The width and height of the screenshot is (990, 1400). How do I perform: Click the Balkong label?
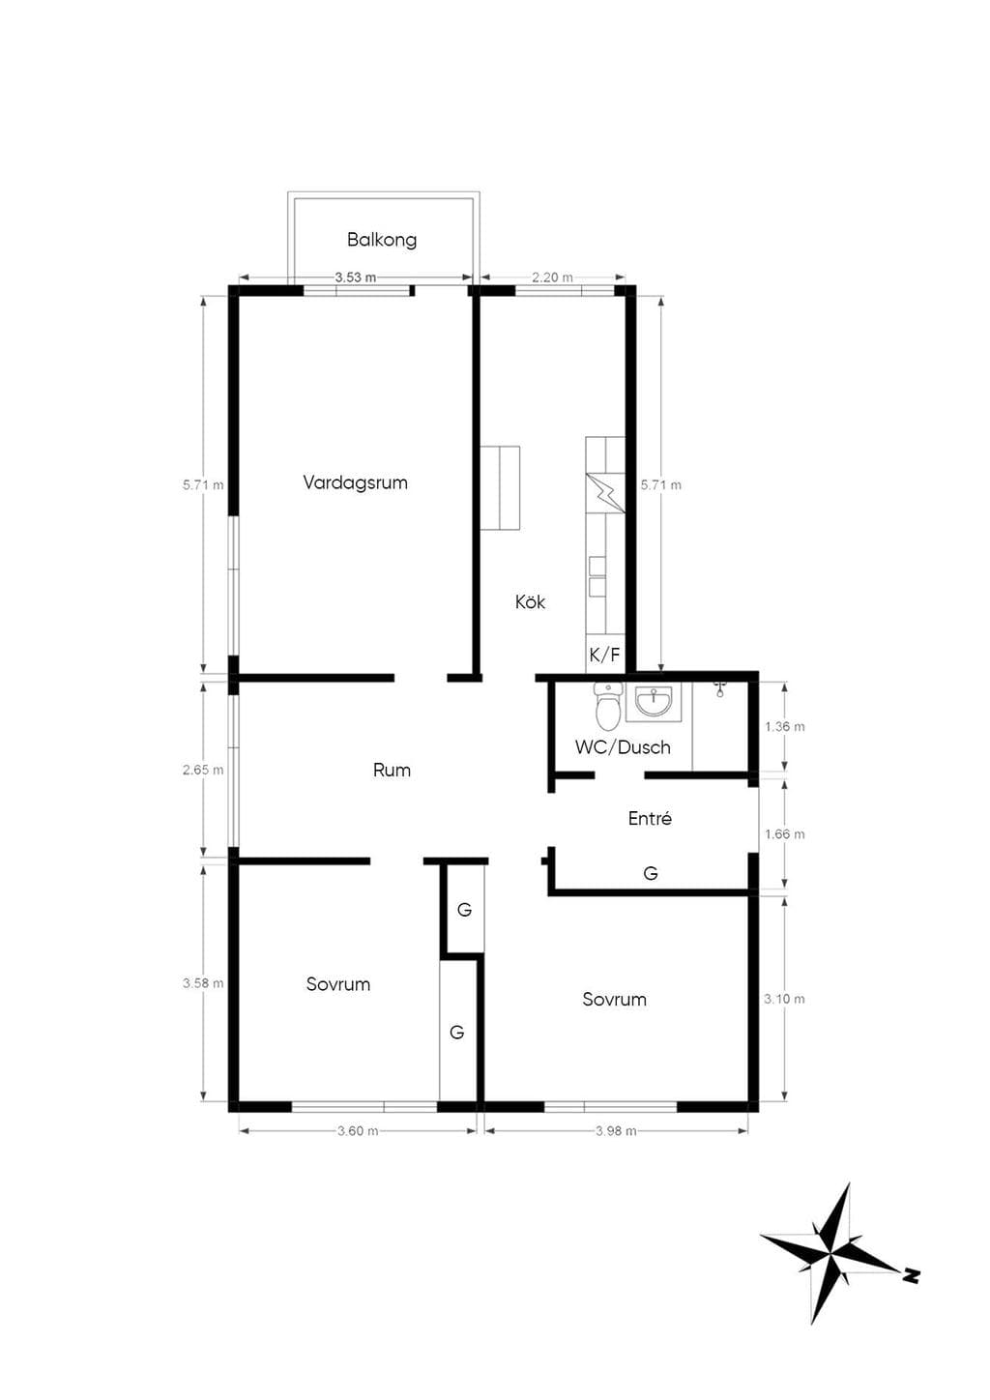pos(382,240)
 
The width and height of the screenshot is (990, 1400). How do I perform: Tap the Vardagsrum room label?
pos(355,482)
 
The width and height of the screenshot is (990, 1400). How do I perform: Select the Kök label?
pos(530,602)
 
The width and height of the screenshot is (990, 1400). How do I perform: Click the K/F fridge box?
pos(605,655)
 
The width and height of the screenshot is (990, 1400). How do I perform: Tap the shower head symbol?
pos(720,688)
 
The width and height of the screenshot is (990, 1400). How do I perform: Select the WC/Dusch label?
pos(623,747)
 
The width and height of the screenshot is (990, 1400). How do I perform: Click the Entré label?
pos(650,818)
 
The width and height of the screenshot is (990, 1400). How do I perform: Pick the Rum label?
pos(392,770)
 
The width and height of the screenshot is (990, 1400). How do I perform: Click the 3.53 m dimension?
pos(356,277)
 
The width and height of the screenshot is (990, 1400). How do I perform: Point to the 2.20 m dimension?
pos(552,277)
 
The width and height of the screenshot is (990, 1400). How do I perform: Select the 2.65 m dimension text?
pos(203,770)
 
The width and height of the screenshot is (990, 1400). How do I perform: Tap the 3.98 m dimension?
pos(616,1130)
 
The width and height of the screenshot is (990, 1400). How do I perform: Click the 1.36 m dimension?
pos(785,727)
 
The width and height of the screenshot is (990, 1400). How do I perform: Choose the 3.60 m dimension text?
pos(358,1130)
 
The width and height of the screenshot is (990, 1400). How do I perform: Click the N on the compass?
pos(911,1275)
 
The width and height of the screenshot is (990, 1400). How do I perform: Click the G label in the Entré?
pos(651,873)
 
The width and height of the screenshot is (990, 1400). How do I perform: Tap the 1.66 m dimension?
pos(785,834)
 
